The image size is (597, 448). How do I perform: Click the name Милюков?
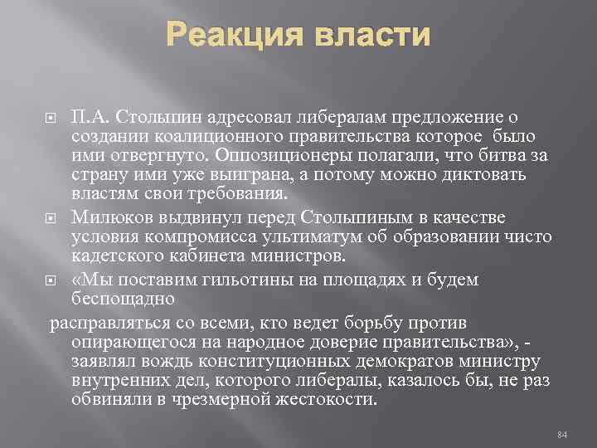(x=107, y=217)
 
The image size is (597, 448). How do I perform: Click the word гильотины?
(x=215, y=280)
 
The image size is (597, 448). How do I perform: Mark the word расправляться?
(x=100, y=320)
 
